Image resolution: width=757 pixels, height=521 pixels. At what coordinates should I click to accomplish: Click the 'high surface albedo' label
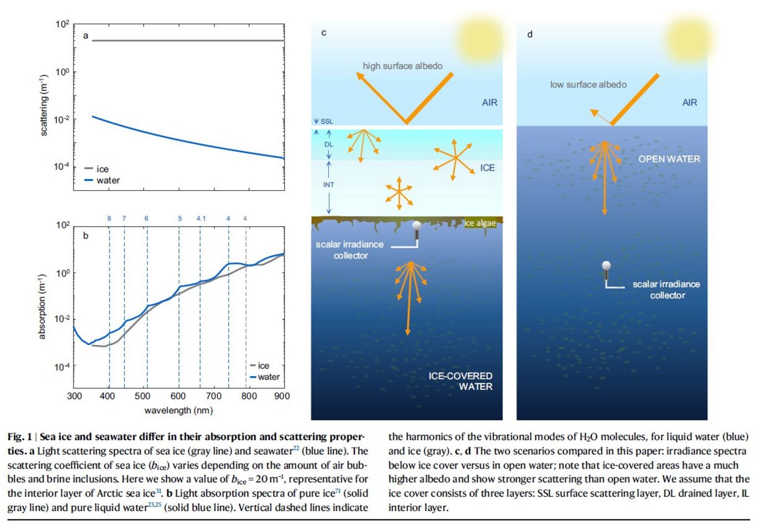(402, 66)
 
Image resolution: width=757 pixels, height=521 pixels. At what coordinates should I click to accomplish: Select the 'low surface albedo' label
(588, 85)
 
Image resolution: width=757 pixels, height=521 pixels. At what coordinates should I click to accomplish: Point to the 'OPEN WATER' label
(669, 159)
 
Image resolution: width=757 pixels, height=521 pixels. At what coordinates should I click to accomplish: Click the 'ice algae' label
(480, 223)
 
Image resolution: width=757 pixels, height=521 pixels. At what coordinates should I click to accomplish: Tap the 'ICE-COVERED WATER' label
(461, 381)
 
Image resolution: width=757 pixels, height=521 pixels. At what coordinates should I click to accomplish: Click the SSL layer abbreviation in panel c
(327, 121)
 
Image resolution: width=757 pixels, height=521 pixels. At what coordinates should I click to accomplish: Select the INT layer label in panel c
(329, 185)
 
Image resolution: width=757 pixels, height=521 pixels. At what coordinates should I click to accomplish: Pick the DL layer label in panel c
(329, 144)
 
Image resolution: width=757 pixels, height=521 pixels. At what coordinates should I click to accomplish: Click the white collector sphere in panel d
(606, 265)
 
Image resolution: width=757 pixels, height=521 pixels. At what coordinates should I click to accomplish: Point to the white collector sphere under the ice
(417, 226)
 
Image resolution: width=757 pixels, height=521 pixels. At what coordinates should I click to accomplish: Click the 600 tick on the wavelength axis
(178, 396)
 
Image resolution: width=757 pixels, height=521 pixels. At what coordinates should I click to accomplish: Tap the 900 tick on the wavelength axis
(282, 396)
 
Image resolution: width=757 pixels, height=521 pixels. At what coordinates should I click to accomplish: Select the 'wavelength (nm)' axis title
(178, 410)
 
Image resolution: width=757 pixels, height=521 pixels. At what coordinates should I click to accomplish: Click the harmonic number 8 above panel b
(109, 218)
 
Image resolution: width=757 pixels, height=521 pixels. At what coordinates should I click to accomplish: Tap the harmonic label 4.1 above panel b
(201, 218)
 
